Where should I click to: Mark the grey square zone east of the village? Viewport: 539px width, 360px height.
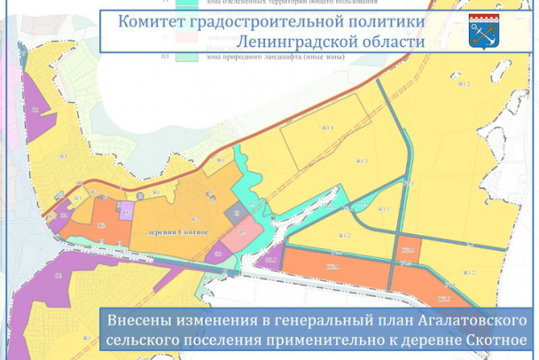(237, 214)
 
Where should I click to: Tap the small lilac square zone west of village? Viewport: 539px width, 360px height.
(126, 210)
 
